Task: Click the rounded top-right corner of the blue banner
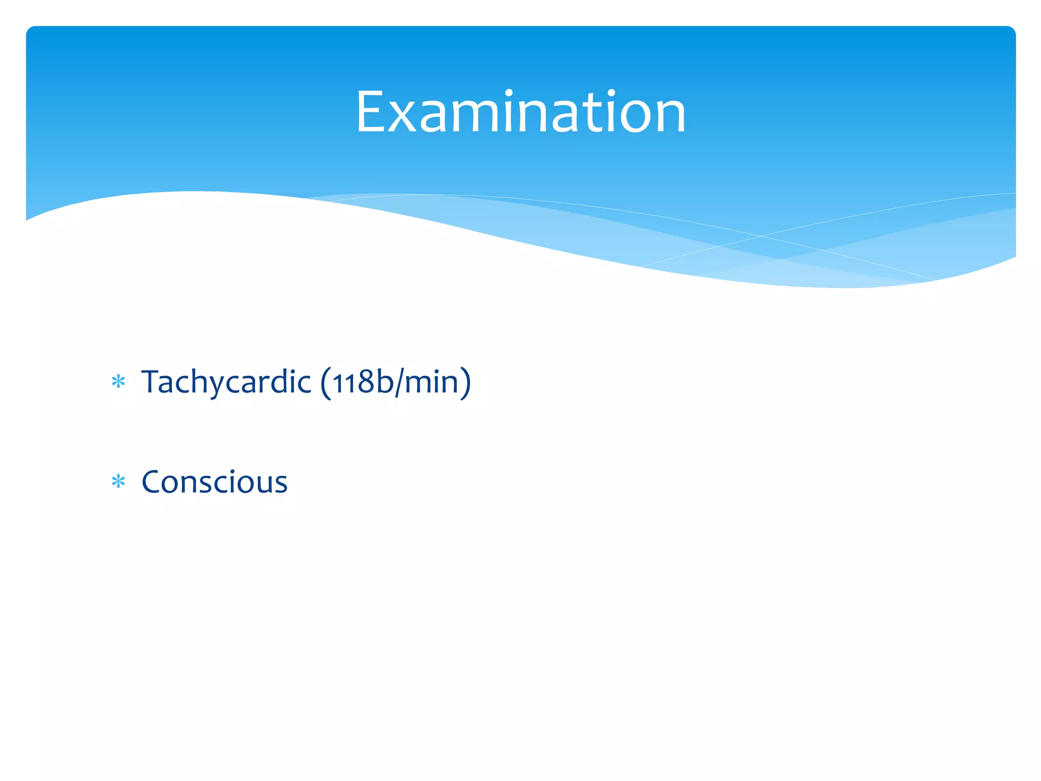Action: point(1011,32)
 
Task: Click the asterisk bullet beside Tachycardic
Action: point(118,382)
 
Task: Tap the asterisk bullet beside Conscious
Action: point(118,482)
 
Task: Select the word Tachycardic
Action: point(226,382)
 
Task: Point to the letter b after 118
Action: point(384,381)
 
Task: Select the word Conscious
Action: point(215,482)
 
